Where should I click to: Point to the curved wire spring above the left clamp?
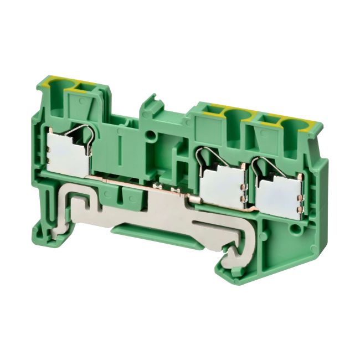(x=84, y=132)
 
